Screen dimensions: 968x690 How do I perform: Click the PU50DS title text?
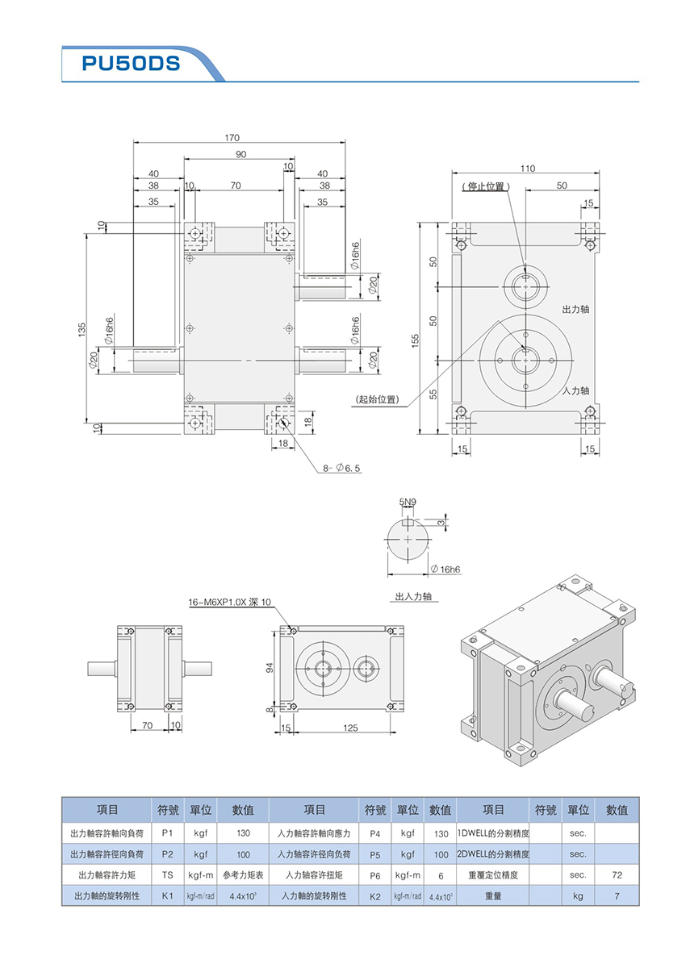click(131, 64)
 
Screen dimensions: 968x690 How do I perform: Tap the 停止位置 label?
click(487, 186)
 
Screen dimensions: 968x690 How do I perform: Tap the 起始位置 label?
click(377, 398)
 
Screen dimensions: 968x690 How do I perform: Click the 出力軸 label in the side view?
click(576, 309)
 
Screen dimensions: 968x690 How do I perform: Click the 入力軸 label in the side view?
click(576, 390)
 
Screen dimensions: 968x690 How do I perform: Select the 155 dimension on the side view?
click(414, 342)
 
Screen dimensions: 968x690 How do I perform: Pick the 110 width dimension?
click(527, 169)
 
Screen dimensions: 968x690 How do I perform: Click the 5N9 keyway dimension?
click(408, 502)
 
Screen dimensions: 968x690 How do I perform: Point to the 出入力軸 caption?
click(413, 597)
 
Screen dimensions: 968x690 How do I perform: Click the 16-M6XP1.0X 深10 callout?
click(230, 602)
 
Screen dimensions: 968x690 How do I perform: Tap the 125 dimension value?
click(349, 728)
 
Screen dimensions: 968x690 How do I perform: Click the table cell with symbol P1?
click(167, 832)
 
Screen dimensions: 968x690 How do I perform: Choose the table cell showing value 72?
click(617, 874)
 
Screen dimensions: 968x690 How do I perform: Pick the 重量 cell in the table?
click(493, 895)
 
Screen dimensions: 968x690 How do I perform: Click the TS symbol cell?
click(167, 874)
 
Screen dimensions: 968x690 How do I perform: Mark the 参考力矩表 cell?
click(243, 874)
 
